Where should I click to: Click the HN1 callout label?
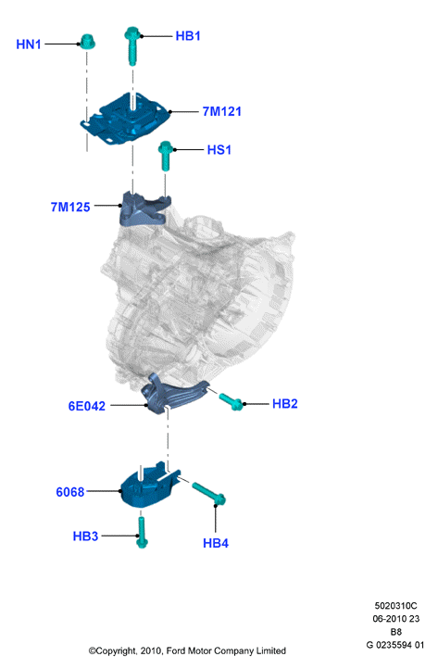tap(29, 44)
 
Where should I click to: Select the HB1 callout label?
tap(188, 36)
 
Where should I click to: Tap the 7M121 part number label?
tap(221, 112)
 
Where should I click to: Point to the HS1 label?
tap(219, 150)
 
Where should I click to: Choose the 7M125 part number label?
tap(70, 208)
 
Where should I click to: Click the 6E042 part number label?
tap(86, 406)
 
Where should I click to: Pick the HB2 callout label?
tap(285, 404)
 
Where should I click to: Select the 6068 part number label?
tap(70, 492)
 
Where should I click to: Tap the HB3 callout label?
tap(85, 536)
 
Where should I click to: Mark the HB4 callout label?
tap(216, 544)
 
